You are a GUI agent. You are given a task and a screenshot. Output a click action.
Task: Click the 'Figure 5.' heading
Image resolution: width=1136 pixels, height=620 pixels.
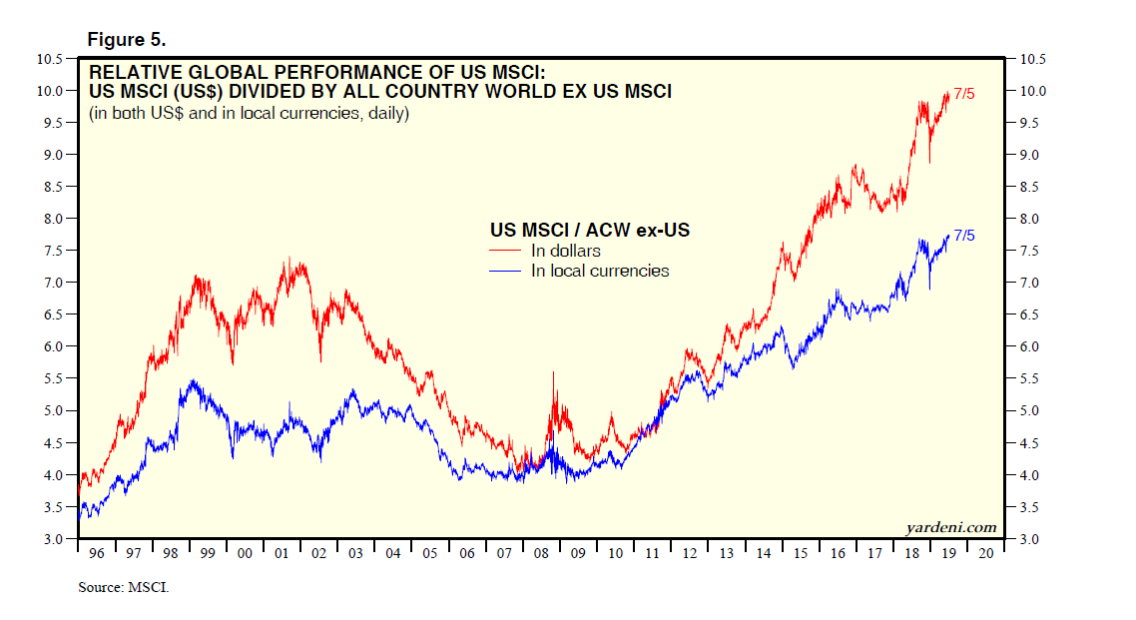(x=127, y=39)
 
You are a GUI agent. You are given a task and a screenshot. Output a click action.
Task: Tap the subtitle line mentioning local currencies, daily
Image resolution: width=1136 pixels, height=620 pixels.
(x=249, y=113)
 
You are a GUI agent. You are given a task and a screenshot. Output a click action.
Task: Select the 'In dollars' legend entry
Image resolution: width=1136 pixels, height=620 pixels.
(x=565, y=251)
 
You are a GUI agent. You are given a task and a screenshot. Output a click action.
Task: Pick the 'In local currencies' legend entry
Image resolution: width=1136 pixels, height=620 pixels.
(x=599, y=271)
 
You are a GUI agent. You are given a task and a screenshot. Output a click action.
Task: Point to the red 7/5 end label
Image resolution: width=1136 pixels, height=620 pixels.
(x=964, y=94)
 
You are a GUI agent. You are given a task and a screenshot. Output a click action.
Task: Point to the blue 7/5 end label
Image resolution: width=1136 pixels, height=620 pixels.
(x=964, y=236)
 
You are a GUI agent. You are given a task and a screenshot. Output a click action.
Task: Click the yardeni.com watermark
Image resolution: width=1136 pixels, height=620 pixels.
(x=950, y=527)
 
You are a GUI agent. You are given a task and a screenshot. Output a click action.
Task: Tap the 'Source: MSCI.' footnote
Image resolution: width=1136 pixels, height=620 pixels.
(x=124, y=587)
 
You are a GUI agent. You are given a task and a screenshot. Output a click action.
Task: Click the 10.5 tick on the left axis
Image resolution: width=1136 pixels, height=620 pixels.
(x=51, y=59)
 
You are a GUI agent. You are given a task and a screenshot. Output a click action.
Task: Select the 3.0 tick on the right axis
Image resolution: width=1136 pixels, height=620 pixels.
(x=1029, y=539)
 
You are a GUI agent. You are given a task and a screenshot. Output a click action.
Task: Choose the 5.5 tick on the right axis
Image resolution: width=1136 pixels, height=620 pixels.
(x=1029, y=379)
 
